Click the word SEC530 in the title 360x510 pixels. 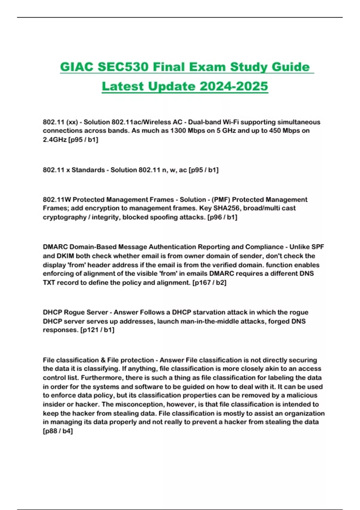(123, 67)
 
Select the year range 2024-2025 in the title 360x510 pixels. (234, 86)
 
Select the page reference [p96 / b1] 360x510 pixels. (222, 217)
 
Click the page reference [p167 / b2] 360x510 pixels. (209, 283)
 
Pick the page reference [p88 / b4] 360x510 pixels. (58, 431)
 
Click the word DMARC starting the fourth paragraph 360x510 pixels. (55, 247)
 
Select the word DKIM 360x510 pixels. (65, 256)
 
